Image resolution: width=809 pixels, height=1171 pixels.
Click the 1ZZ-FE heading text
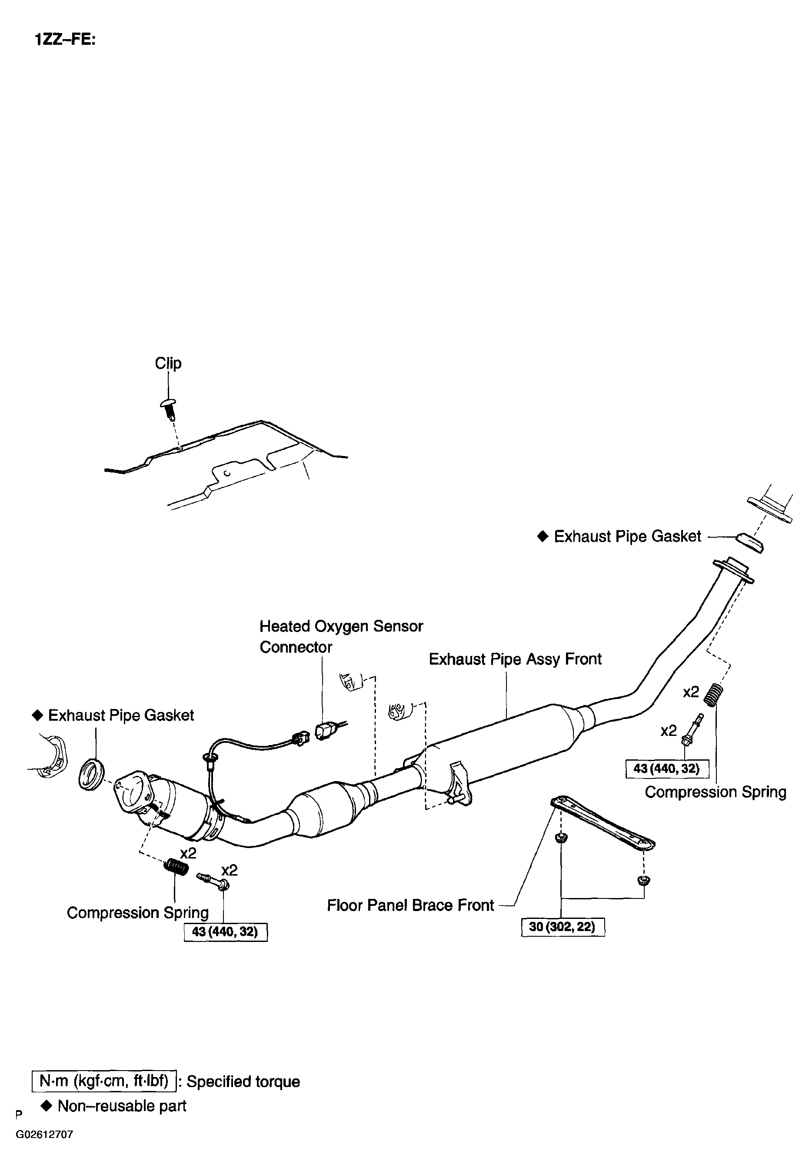click(65, 40)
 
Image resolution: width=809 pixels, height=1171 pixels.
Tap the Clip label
click(168, 363)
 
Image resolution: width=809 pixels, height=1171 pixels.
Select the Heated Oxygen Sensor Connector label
click(341, 636)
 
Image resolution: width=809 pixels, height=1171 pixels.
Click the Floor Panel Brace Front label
click(410, 905)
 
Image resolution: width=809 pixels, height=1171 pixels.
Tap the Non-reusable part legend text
click(122, 1106)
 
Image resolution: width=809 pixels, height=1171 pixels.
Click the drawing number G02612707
click(45, 1134)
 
